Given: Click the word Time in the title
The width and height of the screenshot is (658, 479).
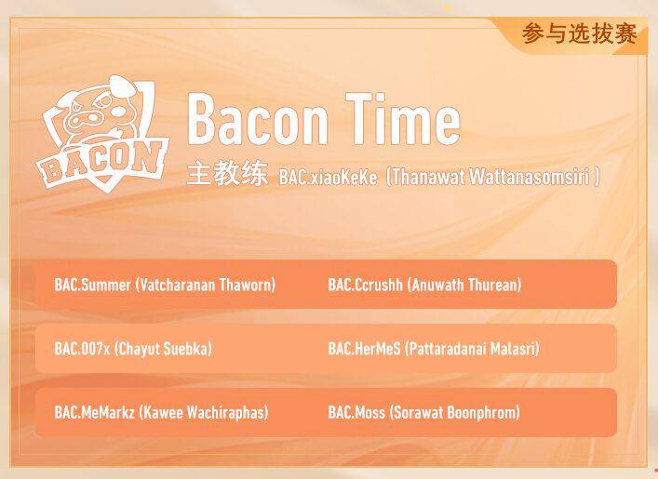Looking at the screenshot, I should click(x=406, y=121).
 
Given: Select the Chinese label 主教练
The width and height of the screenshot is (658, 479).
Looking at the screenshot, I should click(x=226, y=176).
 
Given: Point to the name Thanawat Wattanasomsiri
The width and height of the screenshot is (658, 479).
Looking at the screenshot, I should click(x=492, y=177).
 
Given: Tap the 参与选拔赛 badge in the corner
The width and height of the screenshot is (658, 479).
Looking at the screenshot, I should click(x=579, y=34).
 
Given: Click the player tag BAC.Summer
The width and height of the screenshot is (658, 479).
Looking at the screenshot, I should click(x=93, y=285).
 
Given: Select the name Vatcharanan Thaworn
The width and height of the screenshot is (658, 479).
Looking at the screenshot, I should click(x=206, y=285).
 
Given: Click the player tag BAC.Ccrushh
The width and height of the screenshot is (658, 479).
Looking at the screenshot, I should click(x=366, y=285).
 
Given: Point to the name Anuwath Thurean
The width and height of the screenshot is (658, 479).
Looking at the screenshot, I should click(x=464, y=285).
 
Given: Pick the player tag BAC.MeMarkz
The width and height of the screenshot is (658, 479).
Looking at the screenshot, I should click(x=95, y=412).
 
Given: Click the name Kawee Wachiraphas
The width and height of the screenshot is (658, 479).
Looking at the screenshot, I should click(x=204, y=412).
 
